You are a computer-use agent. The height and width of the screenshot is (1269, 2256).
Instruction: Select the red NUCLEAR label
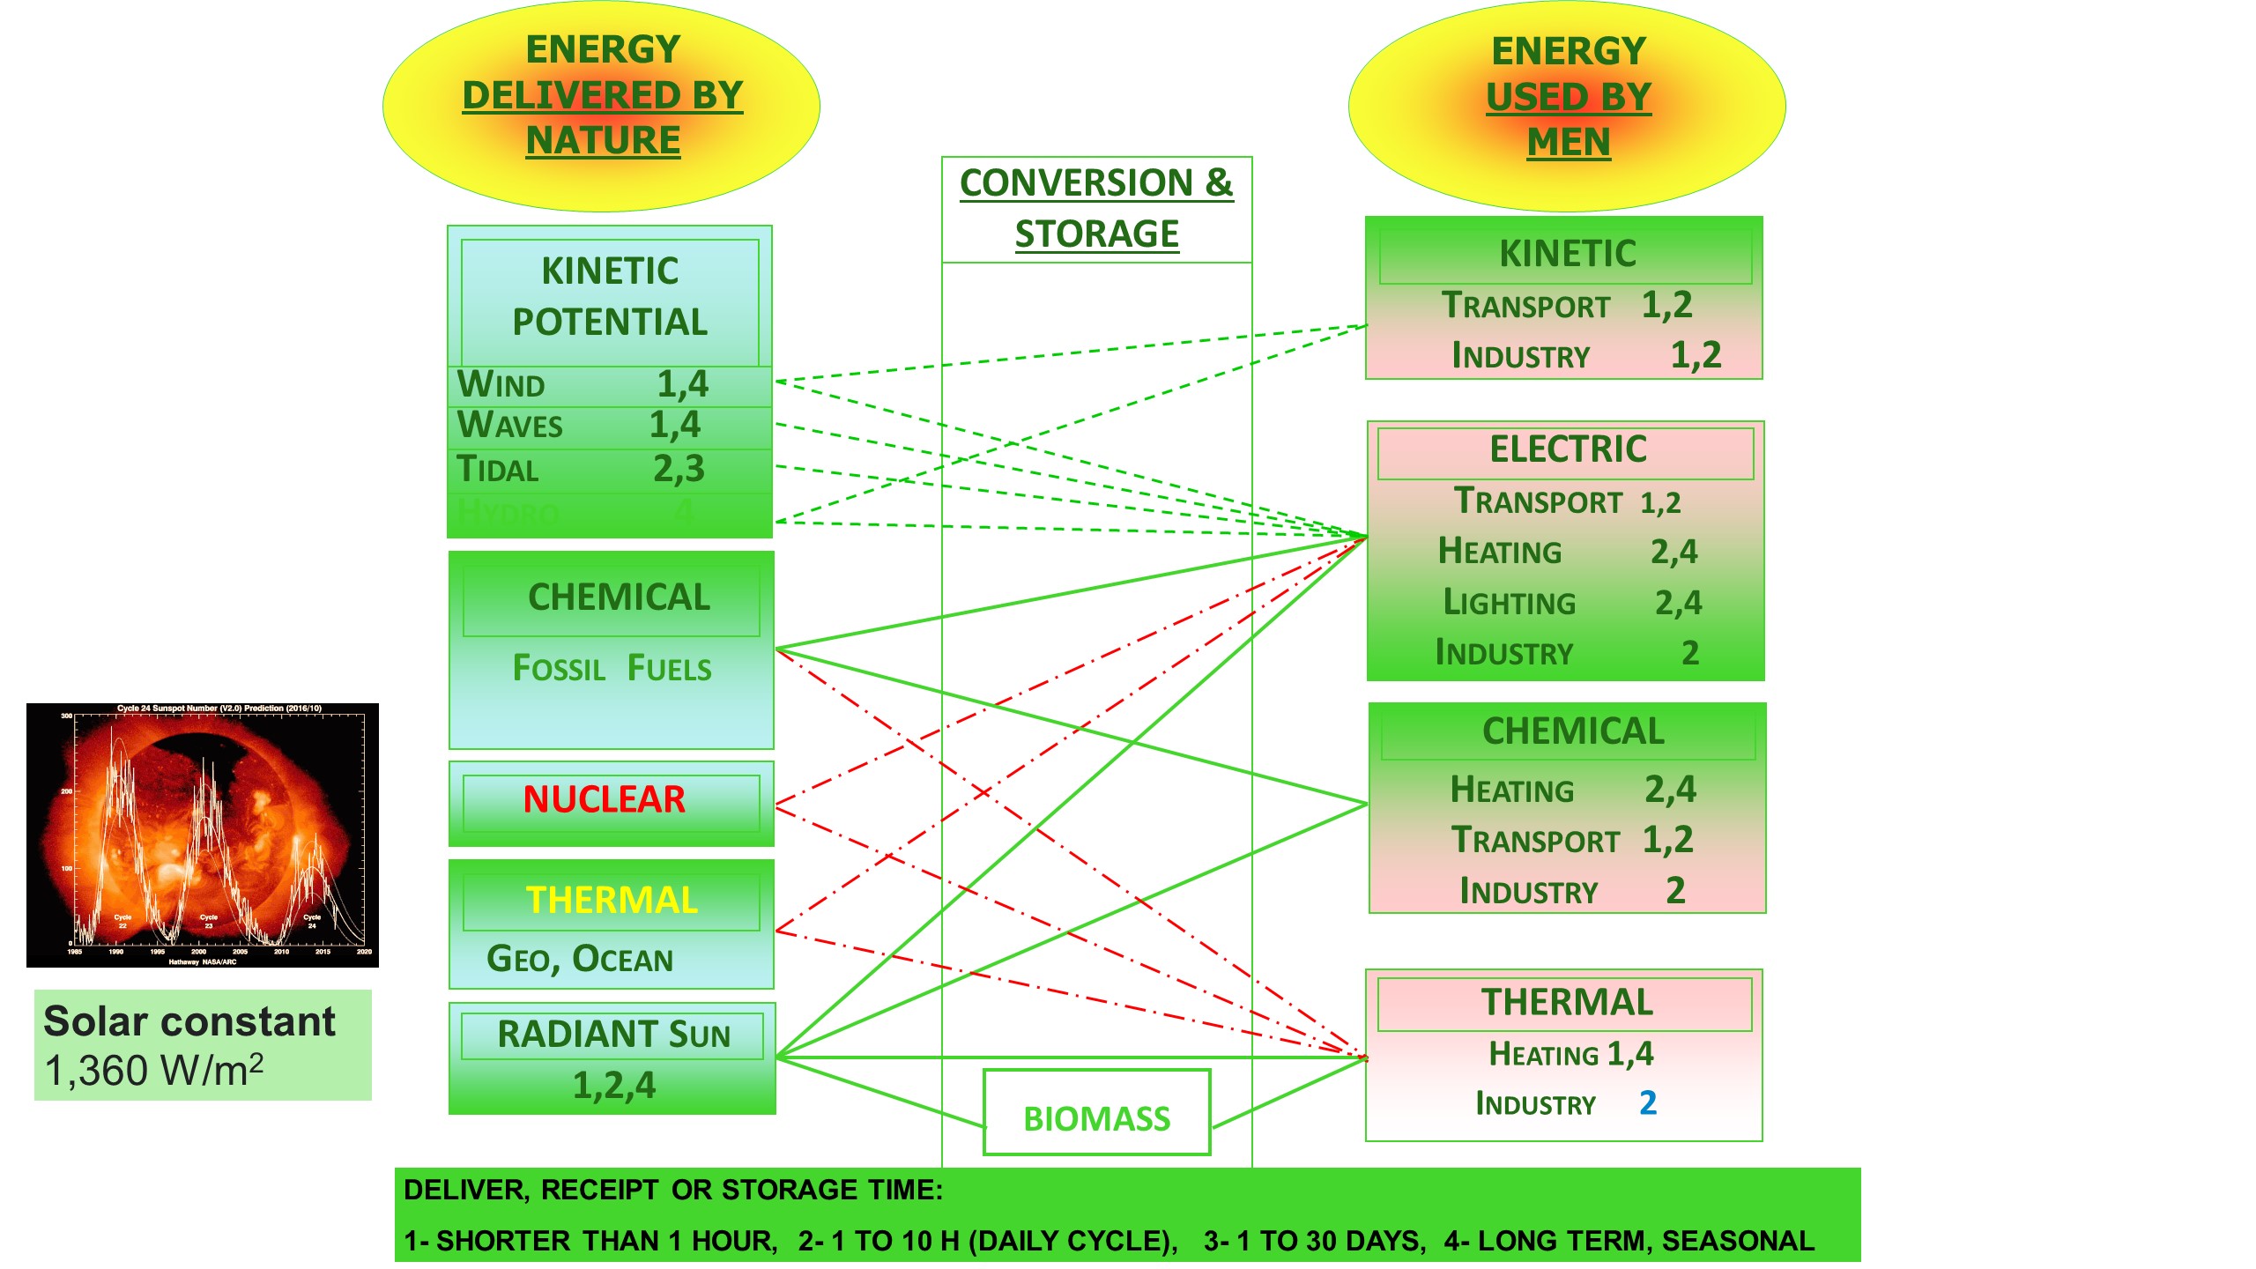tap(604, 799)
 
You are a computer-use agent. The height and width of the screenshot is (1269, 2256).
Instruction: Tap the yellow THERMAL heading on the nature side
tap(612, 900)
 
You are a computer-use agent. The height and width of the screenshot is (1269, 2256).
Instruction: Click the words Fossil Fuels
tap(612, 669)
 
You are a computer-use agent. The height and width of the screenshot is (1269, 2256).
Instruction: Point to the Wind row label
tap(501, 385)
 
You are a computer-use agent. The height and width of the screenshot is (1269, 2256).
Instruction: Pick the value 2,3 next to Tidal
tap(679, 469)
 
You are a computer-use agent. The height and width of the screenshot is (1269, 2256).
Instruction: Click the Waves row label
tap(509, 426)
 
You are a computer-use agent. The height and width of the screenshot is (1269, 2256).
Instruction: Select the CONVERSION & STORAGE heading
tap(1096, 208)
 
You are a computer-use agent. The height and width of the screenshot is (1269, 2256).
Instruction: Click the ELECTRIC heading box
tap(1567, 449)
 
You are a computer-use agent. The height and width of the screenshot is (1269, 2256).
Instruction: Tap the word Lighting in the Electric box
tap(1509, 603)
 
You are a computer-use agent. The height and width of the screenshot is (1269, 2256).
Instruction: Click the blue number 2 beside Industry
tap(1647, 1102)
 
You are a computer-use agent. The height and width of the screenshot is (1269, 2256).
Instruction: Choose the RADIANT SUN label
tap(613, 1035)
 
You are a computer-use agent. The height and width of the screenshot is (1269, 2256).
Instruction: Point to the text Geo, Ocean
tap(580, 959)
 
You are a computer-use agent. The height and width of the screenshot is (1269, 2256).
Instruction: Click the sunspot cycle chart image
tap(203, 835)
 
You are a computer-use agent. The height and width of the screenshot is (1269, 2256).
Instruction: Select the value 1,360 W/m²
tap(154, 1071)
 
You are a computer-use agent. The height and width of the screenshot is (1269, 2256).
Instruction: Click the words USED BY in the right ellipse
tap(1568, 97)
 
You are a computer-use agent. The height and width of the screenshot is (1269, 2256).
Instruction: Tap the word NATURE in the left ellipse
tap(603, 141)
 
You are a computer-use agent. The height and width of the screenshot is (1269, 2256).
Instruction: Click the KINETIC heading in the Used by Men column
tap(1567, 254)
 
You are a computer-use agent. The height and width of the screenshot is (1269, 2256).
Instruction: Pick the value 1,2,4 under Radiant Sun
tap(613, 1086)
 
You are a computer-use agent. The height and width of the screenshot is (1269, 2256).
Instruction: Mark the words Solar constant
tap(189, 1022)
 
